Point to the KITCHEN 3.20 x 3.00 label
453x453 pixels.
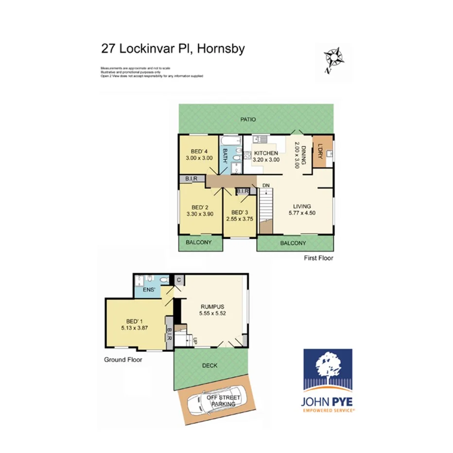pyautogui.click(x=266, y=156)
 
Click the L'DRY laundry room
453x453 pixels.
pyautogui.click(x=322, y=151)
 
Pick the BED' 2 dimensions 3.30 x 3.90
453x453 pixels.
pyautogui.click(x=200, y=213)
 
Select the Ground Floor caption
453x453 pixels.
pyautogui.click(x=123, y=360)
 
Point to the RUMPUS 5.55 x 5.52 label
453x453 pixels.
pyautogui.click(x=212, y=310)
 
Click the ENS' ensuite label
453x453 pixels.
pyautogui.click(x=149, y=290)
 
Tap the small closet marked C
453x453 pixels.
pyautogui.click(x=179, y=280)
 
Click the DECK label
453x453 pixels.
pyautogui.click(x=210, y=366)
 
